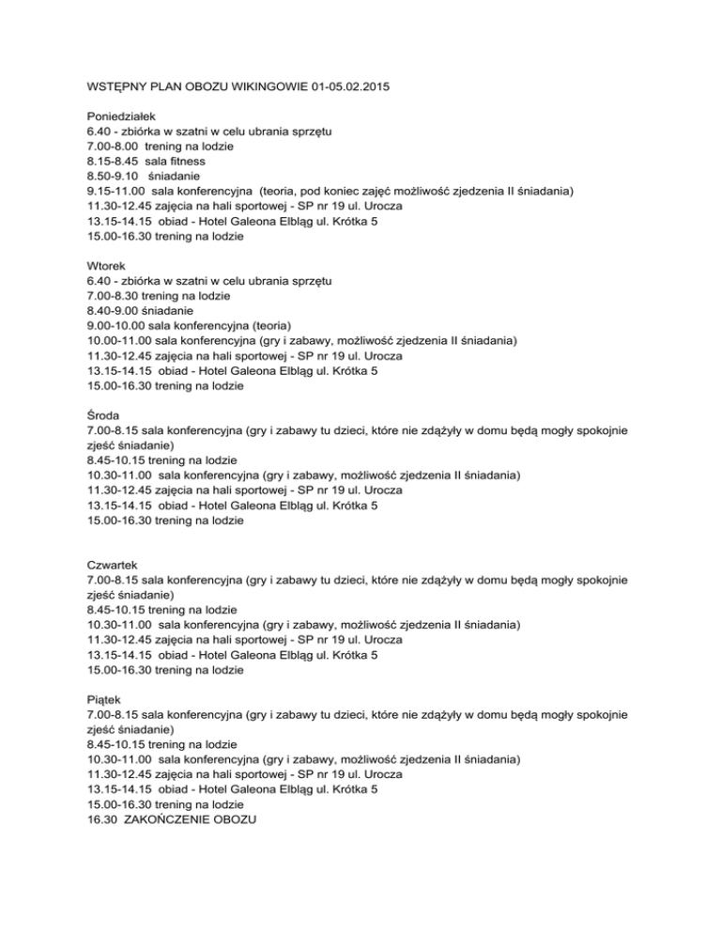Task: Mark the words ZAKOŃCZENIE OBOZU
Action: coord(195,819)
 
